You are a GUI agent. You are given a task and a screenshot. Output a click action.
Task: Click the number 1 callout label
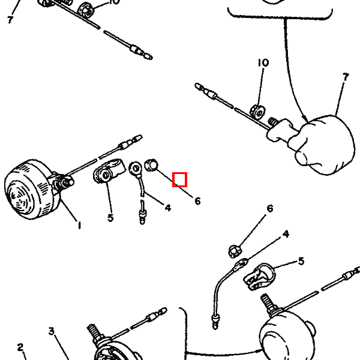tap(79, 226)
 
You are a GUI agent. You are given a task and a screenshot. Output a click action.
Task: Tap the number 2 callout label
tap(20, 347)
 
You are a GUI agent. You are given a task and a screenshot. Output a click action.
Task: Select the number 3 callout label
tap(52, 331)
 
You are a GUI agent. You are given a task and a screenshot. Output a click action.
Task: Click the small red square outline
tap(180, 179)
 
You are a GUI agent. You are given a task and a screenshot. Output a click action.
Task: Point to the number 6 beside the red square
tap(197, 201)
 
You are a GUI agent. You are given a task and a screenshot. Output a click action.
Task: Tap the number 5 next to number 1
tap(110, 218)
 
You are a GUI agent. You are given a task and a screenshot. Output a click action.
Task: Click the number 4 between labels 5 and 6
tap(167, 208)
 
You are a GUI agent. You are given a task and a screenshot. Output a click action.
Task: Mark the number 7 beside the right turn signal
tap(346, 77)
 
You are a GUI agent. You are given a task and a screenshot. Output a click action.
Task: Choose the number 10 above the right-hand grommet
tap(263, 62)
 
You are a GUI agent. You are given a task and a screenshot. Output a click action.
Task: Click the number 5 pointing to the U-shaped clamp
tap(301, 261)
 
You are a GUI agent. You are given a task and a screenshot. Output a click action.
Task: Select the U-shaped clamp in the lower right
tap(259, 277)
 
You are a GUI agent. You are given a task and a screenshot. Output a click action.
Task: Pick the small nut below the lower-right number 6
tap(236, 248)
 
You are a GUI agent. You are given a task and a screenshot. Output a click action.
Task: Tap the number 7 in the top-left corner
tap(10, 20)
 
